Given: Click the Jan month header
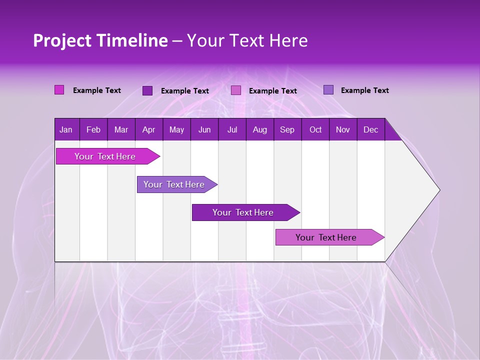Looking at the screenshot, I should (66, 130).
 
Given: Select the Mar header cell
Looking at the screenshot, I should (121, 130).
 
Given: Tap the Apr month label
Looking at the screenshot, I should (148, 130).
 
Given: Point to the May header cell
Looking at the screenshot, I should (176, 130).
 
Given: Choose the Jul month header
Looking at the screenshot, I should (232, 130).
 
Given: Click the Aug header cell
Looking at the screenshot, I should (259, 130).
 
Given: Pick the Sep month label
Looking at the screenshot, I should (287, 130).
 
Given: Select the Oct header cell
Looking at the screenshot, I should (315, 130).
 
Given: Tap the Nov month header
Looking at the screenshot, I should (343, 130).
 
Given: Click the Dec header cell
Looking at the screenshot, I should (370, 130).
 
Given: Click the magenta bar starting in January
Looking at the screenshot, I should (105, 156).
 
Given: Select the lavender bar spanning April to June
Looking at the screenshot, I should (174, 184).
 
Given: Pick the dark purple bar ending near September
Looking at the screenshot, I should (243, 212).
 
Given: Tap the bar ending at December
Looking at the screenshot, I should (326, 237).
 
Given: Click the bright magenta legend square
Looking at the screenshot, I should (59, 90).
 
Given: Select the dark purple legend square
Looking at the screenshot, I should (147, 90).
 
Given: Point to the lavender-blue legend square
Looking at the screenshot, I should (328, 90).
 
